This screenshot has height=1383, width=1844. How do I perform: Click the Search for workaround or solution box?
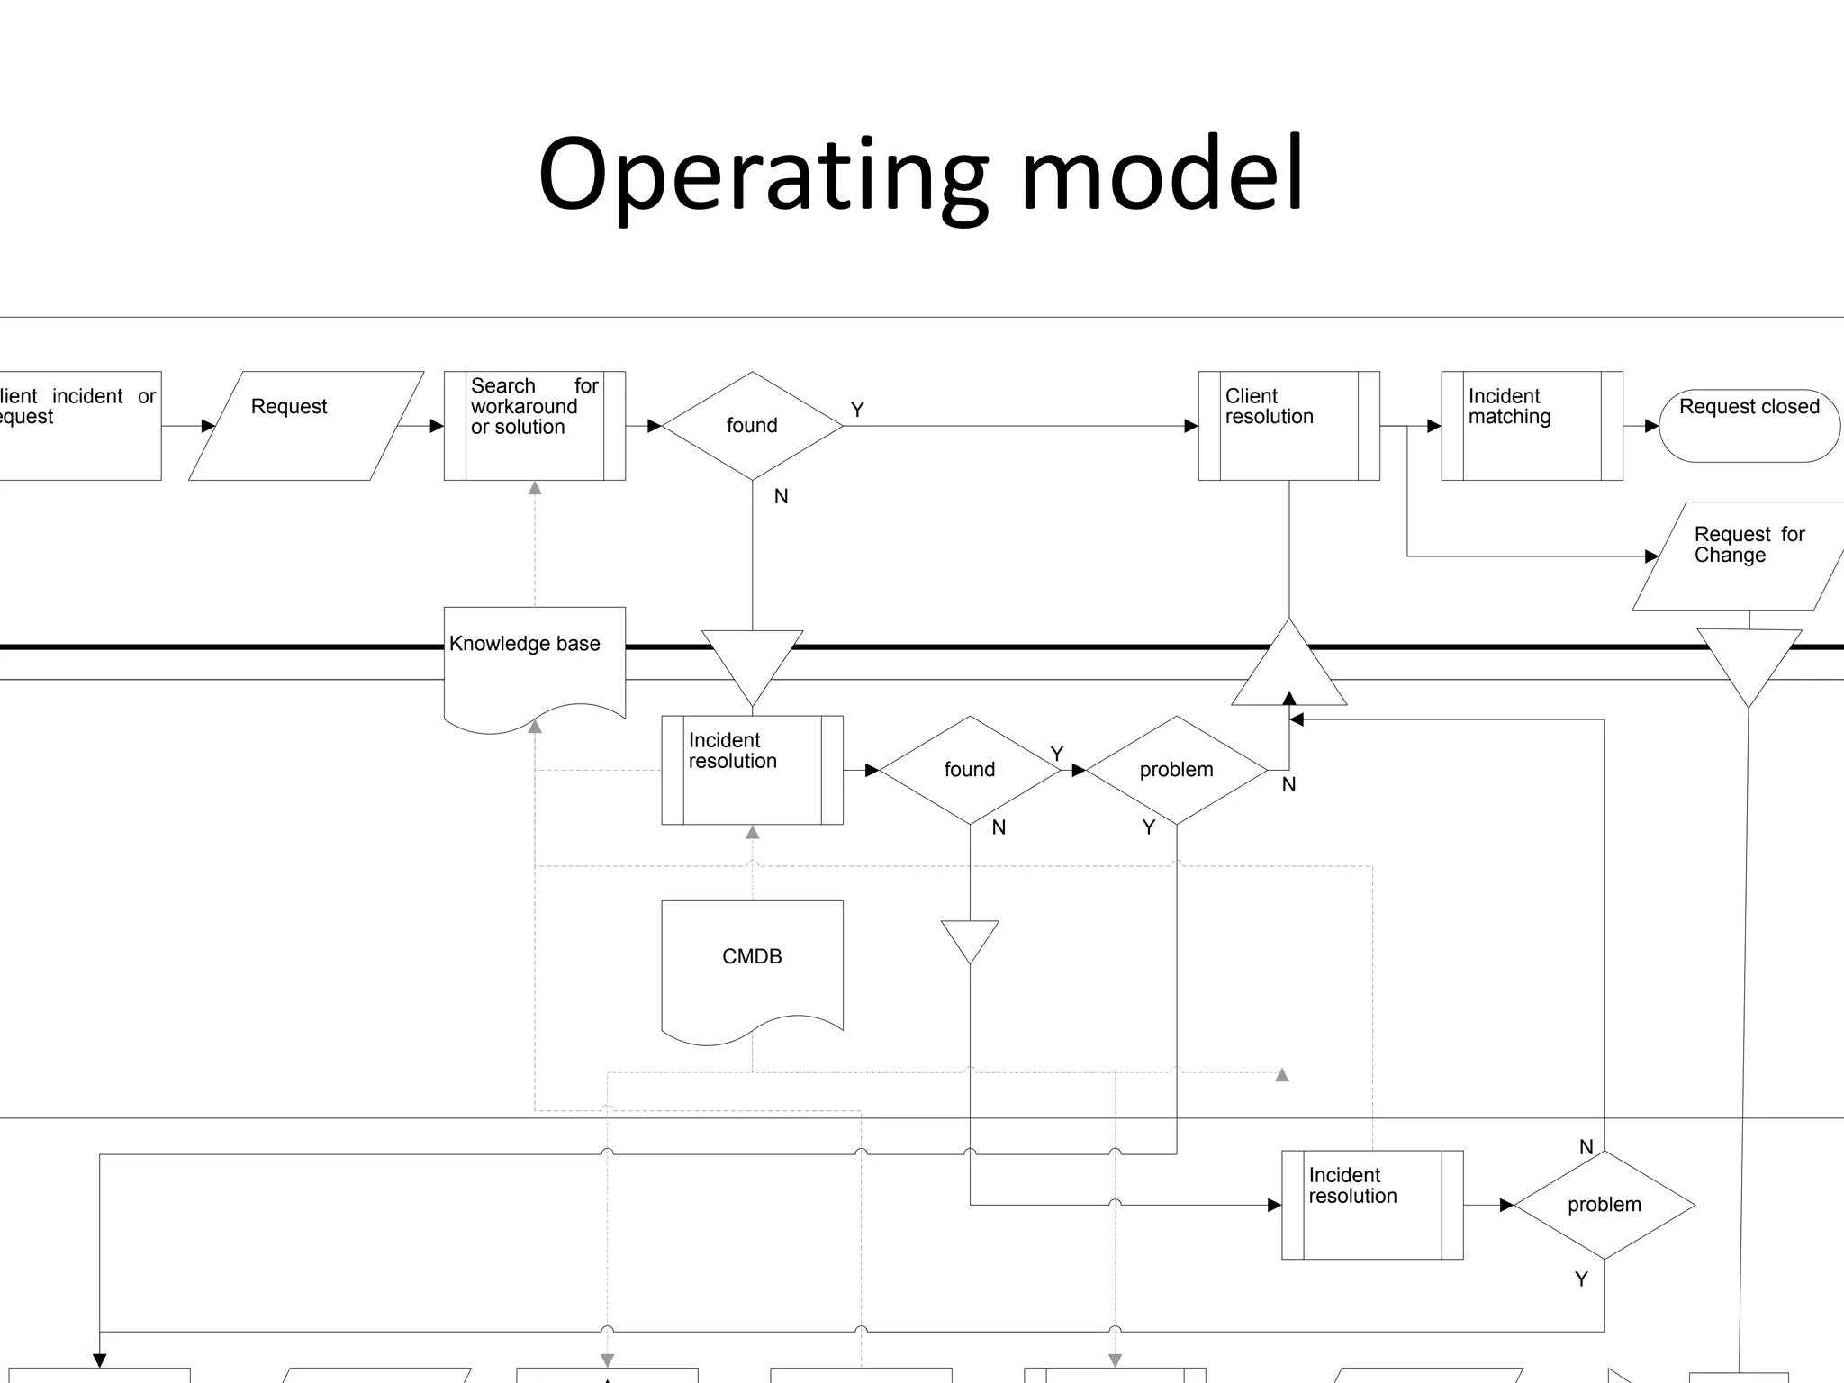click(x=534, y=425)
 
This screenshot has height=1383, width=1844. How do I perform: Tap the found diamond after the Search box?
click(x=752, y=425)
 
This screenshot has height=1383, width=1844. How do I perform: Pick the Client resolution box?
click(x=1288, y=425)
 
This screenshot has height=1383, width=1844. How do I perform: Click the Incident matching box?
click(x=1532, y=425)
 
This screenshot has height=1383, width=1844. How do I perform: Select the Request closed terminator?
click(x=1749, y=425)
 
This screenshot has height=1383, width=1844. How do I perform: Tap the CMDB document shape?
click(x=752, y=963)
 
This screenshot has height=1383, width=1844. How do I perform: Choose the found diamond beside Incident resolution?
click(x=970, y=770)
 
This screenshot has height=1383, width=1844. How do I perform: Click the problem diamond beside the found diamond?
click(x=1176, y=770)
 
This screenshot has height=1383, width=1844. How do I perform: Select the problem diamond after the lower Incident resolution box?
click(x=1604, y=1205)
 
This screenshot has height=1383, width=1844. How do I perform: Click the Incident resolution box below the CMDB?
click(x=1372, y=1205)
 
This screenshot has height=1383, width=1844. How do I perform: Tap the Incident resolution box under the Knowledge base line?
click(x=752, y=770)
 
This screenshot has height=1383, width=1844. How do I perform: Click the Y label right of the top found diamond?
click(x=857, y=410)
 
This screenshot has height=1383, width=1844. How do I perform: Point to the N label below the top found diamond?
click(x=781, y=496)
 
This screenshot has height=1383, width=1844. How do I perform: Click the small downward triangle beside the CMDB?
click(x=970, y=938)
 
